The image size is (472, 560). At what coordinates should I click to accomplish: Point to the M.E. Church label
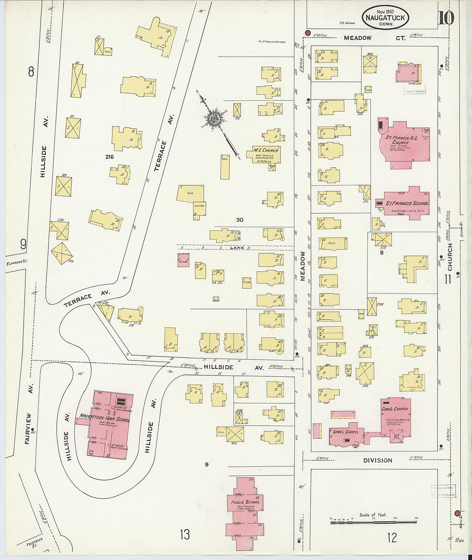point(265,150)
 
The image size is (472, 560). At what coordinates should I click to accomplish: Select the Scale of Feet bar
point(373,522)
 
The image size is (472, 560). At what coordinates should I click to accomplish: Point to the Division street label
point(378,460)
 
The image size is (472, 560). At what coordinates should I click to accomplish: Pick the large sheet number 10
point(446,18)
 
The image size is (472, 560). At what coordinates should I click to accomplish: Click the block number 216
point(109,157)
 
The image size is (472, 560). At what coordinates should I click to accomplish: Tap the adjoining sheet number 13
point(185,535)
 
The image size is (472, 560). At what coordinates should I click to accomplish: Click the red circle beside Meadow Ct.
point(307,33)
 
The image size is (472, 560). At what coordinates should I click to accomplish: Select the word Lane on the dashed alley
point(237,248)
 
